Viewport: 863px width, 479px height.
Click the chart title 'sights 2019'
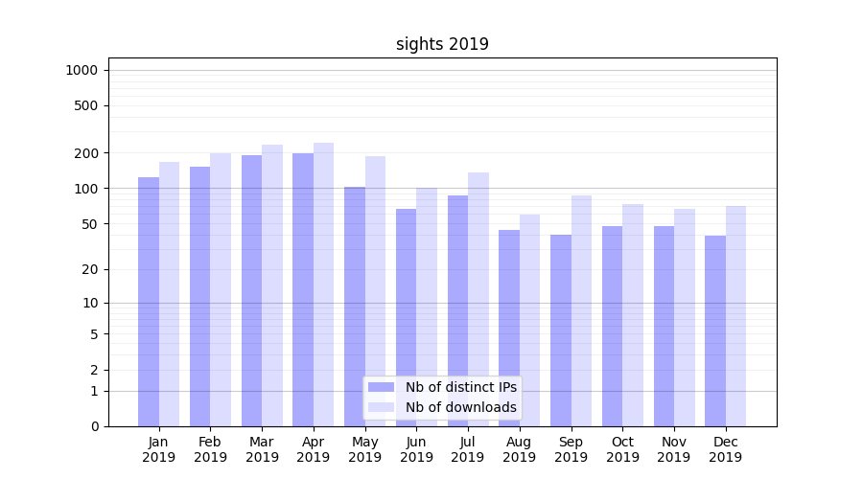pos(442,44)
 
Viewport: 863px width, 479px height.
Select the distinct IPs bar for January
pos(149,302)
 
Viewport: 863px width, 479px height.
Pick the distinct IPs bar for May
pos(355,307)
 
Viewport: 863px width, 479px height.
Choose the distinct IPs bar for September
pos(561,331)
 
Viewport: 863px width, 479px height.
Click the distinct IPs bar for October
pos(612,326)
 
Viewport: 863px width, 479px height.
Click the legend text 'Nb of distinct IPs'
pos(460,387)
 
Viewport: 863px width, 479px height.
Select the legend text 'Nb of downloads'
pos(460,407)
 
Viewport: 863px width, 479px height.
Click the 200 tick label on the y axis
pos(86,153)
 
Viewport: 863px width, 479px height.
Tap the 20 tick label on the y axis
pos(89,269)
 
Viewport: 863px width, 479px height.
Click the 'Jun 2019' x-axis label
pos(416,449)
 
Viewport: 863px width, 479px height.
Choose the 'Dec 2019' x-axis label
pos(725,449)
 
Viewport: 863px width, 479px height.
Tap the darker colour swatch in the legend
pos(381,387)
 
